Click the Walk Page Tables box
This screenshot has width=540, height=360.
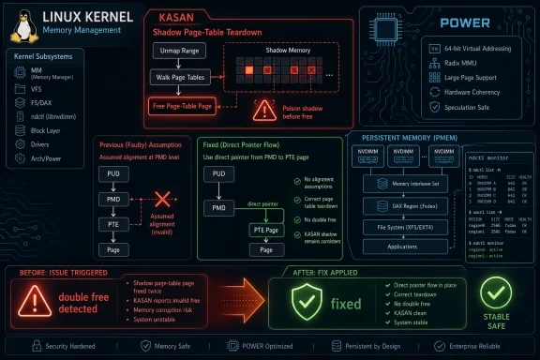(181, 78)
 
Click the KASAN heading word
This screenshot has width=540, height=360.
(169, 18)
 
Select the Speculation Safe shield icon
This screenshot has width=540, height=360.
(433, 107)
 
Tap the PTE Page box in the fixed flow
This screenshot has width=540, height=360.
(267, 229)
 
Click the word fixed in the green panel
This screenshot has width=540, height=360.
(346, 304)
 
